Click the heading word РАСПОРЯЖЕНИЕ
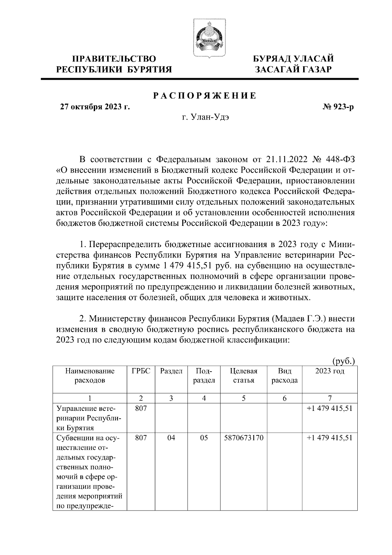pos(205,96)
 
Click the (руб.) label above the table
pos(343,361)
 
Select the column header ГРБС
pos(141,371)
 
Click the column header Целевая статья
pos(244,376)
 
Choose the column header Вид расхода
pos(285,376)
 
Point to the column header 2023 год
pos(330,371)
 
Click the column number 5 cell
pos(244,398)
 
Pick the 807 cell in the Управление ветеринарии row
pos(141,408)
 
